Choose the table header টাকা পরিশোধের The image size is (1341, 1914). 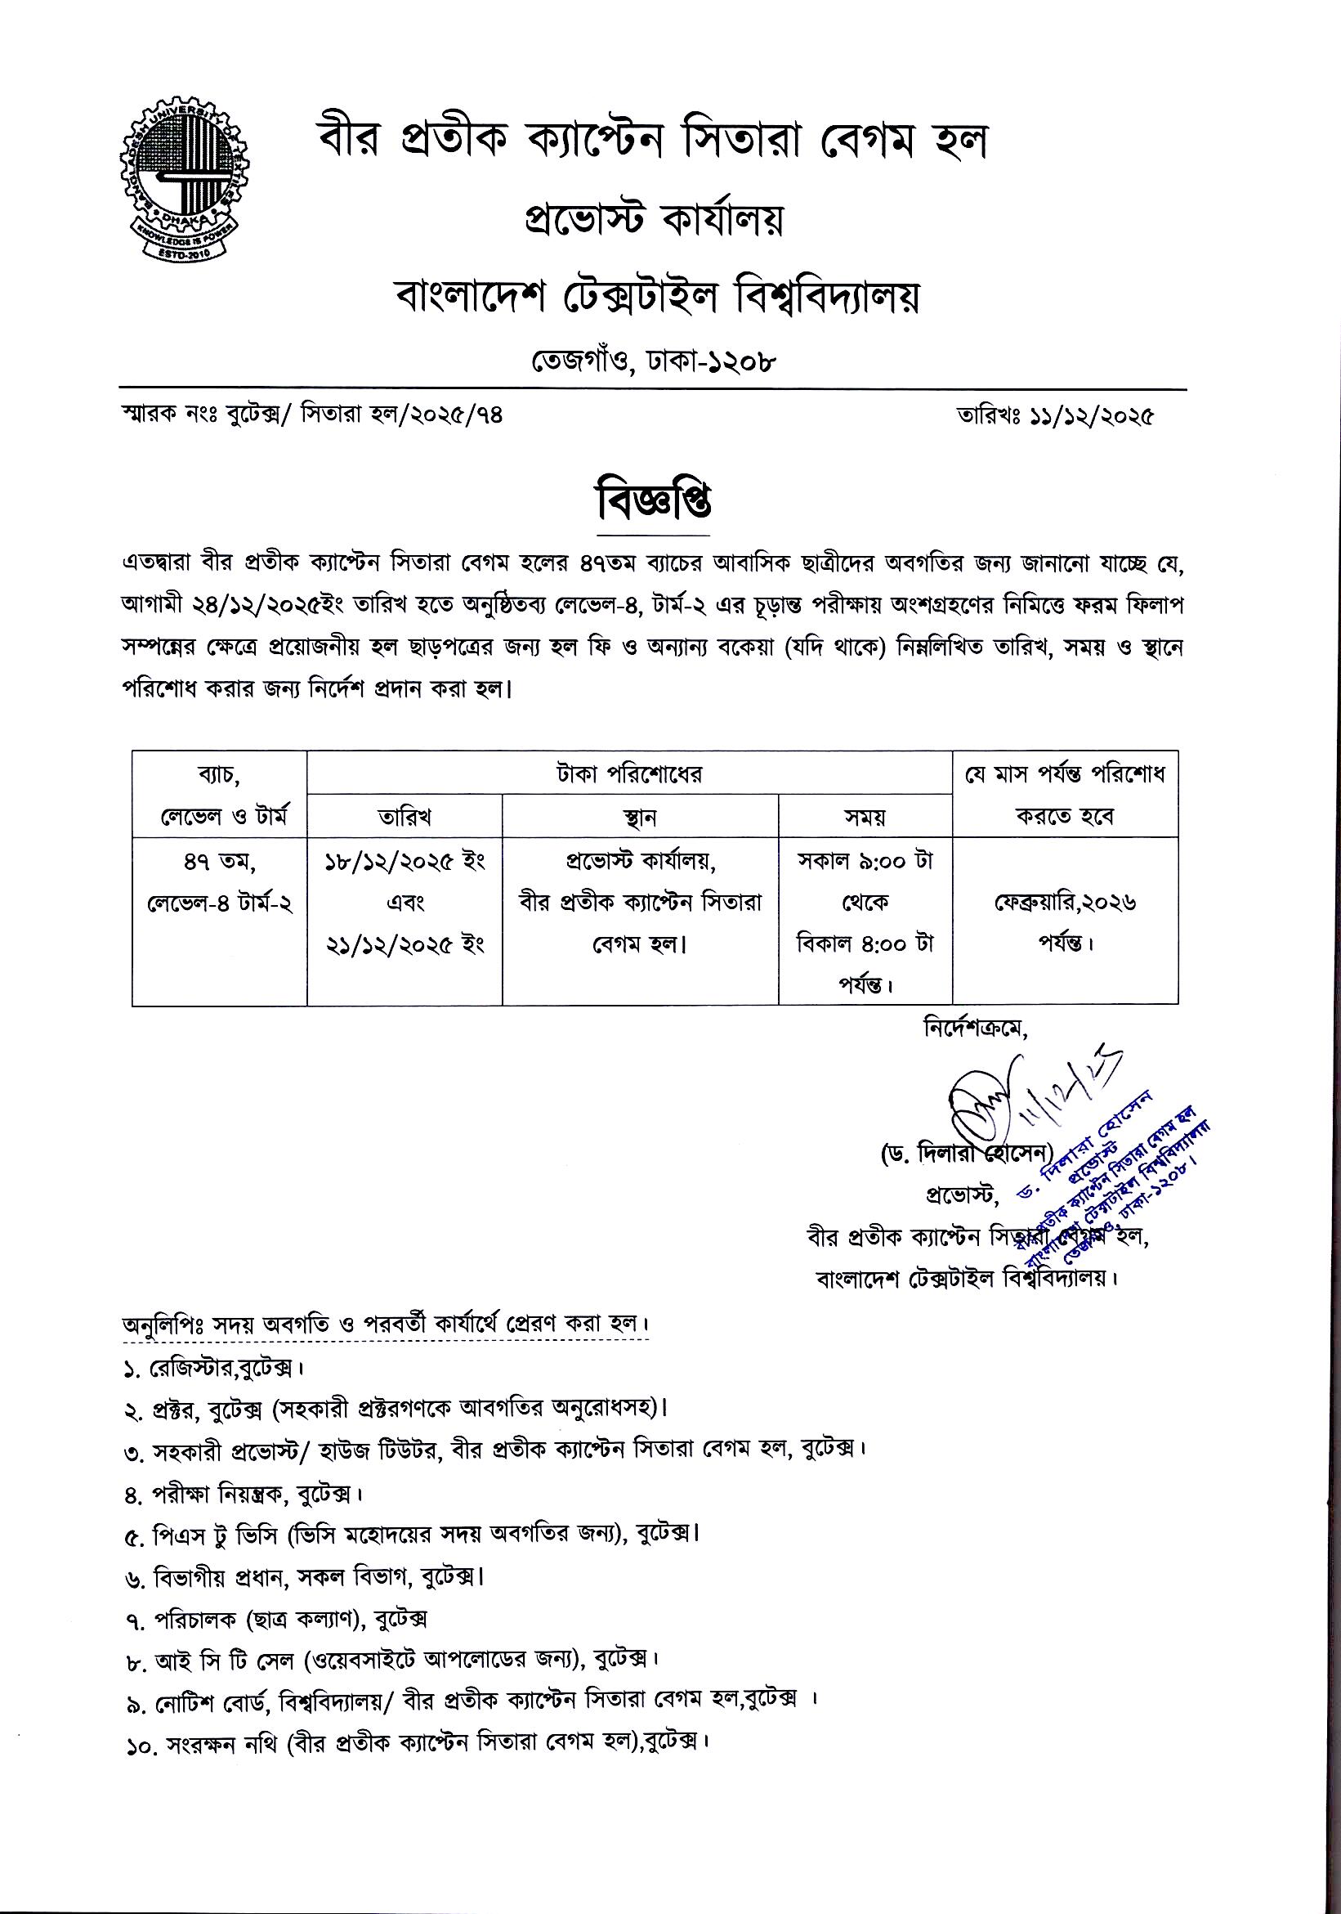click(x=629, y=774)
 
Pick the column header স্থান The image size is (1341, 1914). click(x=639, y=817)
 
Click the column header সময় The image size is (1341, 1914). click(x=865, y=817)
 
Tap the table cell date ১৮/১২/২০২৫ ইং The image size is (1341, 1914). click(x=405, y=861)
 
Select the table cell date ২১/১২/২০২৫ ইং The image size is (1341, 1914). click(x=405, y=944)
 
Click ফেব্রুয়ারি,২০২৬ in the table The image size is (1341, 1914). click(x=1064, y=903)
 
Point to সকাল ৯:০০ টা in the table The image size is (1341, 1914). click(x=865, y=861)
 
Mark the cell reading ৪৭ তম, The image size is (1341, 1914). click(x=218, y=861)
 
